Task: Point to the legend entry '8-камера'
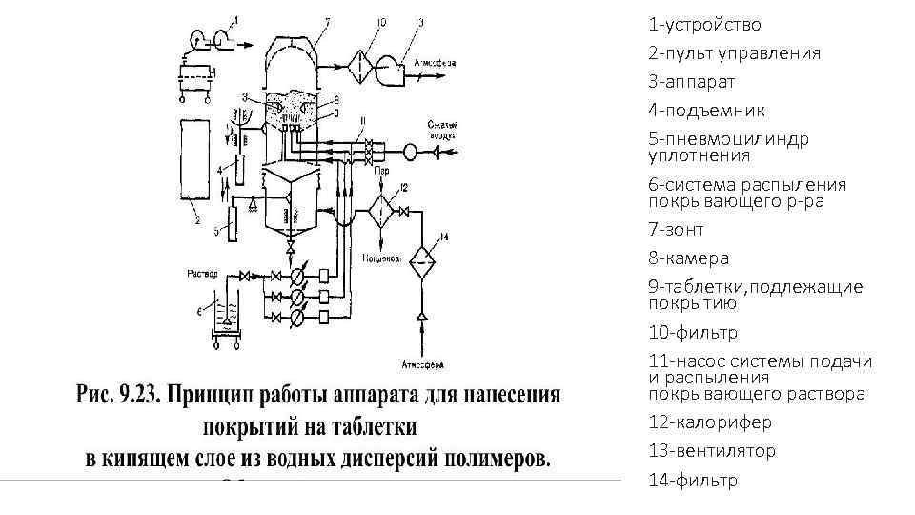click(688, 258)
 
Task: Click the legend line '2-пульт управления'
click(734, 53)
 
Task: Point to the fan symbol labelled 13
click(393, 65)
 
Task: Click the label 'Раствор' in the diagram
click(203, 273)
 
